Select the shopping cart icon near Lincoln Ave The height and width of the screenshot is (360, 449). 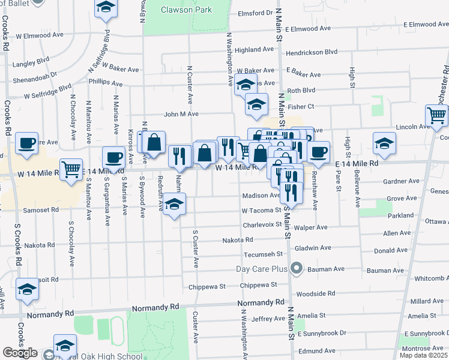[x=436, y=115]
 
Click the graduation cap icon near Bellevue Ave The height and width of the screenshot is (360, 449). [x=384, y=143]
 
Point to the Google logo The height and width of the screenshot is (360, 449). [x=20, y=353]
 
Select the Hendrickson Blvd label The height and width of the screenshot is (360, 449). [x=312, y=52]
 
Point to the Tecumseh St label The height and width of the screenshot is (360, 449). [x=263, y=254]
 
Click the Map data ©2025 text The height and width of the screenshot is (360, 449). [x=423, y=355]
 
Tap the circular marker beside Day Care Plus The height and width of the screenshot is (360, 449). [x=295, y=268]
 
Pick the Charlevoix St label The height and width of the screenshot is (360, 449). [x=262, y=225]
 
